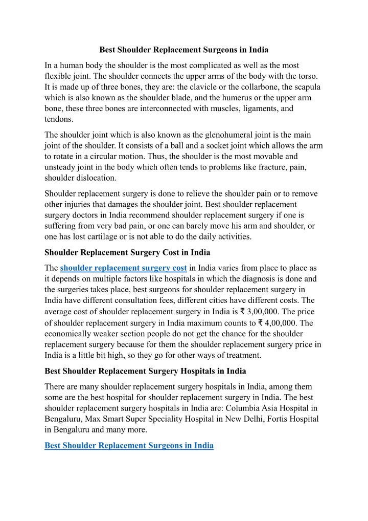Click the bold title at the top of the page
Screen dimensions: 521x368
pyautogui.click(x=183, y=50)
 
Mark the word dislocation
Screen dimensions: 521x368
pyautogui.click(x=95, y=178)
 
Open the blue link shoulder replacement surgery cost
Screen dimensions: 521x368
pyautogui.click(x=123, y=268)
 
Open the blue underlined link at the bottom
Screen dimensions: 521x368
pyautogui.click(x=129, y=446)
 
